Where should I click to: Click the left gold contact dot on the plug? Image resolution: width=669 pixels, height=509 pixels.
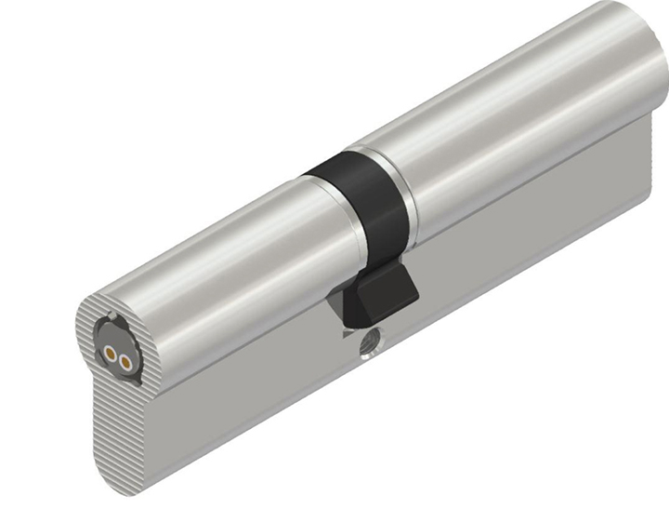coord(111,353)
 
